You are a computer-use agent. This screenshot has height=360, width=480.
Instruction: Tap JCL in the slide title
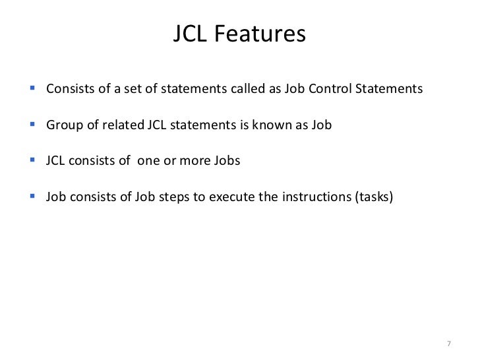[x=191, y=34]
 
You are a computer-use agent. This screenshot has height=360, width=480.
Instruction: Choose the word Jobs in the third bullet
[x=225, y=160]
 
